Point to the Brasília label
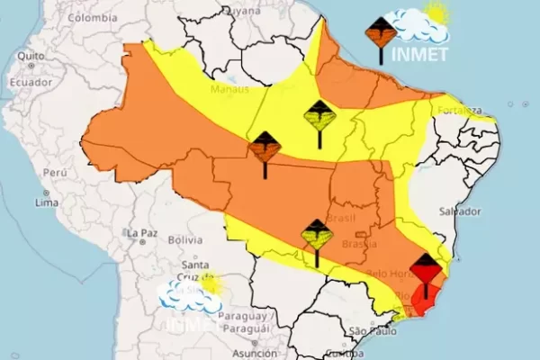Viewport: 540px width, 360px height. point(366,245)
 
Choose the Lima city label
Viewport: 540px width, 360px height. point(47,203)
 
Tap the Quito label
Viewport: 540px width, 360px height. point(30,55)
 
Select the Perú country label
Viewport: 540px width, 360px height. point(55,171)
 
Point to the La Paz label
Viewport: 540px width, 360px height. point(142,233)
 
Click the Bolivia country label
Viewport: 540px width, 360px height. point(185,240)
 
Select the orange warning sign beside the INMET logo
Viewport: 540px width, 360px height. point(381,36)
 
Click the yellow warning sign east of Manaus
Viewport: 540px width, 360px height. point(319,117)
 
